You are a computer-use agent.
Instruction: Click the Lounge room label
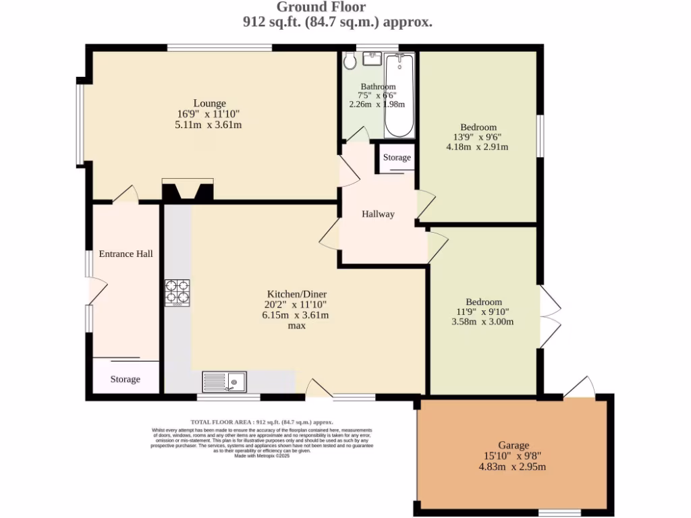[x=210, y=103]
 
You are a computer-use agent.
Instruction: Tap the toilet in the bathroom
[x=350, y=61]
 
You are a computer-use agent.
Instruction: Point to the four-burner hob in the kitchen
[x=177, y=293]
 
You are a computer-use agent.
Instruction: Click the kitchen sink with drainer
[x=225, y=382]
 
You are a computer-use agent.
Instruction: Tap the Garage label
[x=514, y=445]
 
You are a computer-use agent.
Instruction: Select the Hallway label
[x=378, y=214]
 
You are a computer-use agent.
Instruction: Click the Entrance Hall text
[x=126, y=254]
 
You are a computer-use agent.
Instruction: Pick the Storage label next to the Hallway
[x=397, y=157]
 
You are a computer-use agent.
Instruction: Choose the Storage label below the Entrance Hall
[x=126, y=379]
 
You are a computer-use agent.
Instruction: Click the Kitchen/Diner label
[x=297, y=294]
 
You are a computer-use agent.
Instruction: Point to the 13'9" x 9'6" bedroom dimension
[x=478, y=137]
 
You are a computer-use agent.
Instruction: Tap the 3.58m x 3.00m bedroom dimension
[x=482, y=321]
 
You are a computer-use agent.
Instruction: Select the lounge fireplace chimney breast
[x=188, y=190]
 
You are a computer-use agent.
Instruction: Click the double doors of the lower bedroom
[x=549, y=316]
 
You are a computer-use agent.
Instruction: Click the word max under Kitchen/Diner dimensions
[x=297, y=325]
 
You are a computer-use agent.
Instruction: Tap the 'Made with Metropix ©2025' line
[x=262, y=456]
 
